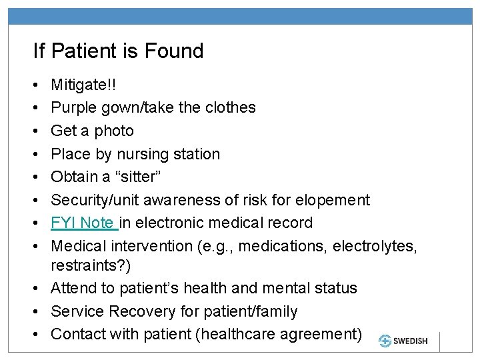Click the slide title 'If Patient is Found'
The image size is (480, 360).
coord(119,51)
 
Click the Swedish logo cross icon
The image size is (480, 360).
coord(386,340)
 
